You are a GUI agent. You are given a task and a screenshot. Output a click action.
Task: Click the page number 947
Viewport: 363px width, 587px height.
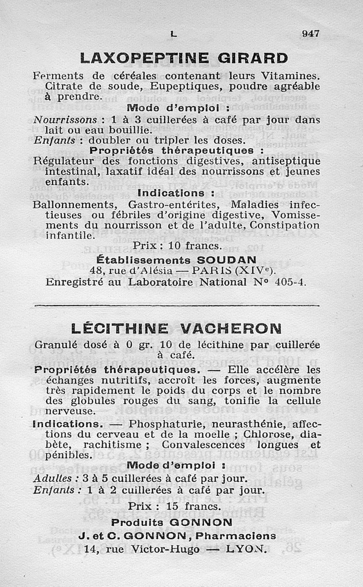tap(311, 33)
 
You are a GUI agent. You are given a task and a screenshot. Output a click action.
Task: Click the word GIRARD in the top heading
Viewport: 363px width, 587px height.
tap(253, 59)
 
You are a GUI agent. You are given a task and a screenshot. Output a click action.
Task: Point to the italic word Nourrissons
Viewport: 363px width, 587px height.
tap(66, 120)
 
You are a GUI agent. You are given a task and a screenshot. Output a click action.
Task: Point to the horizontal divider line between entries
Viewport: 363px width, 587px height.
tap(177, 305)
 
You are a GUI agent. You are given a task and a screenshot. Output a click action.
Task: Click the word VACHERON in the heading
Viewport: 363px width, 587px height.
tap(231, 328)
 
